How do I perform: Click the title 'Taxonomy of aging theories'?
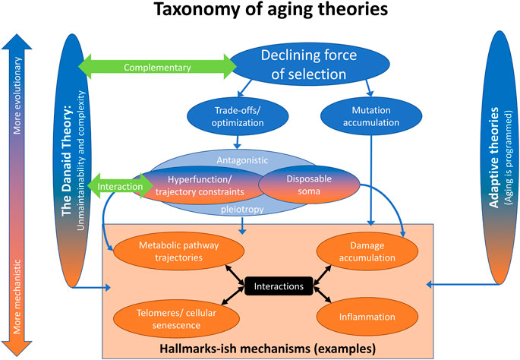pyautogui.click(x=270, y=9)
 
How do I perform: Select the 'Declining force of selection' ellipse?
pyautogui.click(x=310, y=64)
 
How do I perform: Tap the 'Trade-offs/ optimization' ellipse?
pyautogui.click(x=238, y=116)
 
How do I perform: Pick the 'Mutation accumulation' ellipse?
pyautogui.click(x=371, y=116)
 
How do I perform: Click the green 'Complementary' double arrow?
pyautogui.click(x=157, y=67)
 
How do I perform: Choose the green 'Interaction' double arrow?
pyautogui.click(x=120, y=186)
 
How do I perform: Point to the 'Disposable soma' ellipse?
pyautogui.click(x=309, y=185)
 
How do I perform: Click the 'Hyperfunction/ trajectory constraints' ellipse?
pyautogui.click(x=200, y=185)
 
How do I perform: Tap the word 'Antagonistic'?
pyautogui.click(x=242, y=160)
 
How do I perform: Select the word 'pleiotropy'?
pyautogui.click(x=242, y=210)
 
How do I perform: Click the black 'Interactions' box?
pyautogui.click(x=279, y=286)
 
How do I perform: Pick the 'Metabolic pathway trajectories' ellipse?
pyautogui.click(x=178, y=251)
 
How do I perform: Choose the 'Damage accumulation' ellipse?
pyautogui.click(x=367, y=251)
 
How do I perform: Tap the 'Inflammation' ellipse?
pyautogui.click(x=367, y=317)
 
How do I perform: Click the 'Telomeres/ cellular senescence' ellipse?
pyautogui.click(x=176, y=319)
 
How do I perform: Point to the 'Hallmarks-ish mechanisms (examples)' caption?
pyautogui.click(x=268, y=349)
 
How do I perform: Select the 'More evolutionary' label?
pyautogui.click(x=17, y=96)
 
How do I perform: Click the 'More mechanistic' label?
pyautogui.click(x=17, y=297)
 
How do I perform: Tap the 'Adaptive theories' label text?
pyautogui.click(x=494, y=157)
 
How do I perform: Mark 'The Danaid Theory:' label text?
pyautogui.click(x=67, y=161)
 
